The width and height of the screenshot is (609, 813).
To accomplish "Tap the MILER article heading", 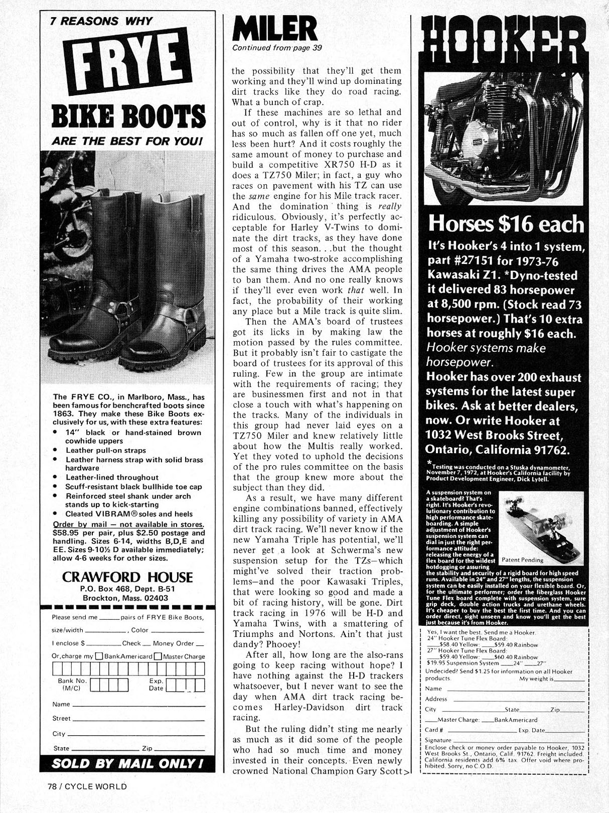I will pos(274,29).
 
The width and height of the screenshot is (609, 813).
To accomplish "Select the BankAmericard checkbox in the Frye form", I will pos(99,656).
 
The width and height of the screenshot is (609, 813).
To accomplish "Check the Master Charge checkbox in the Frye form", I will pos(158,656).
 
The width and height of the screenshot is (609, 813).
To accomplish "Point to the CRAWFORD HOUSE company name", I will pos(127,577).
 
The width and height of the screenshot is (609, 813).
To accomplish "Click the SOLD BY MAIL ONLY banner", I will pos(127,763).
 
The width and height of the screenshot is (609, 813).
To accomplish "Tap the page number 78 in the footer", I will pos(47,786).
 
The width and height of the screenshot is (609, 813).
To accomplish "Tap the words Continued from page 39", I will pos(277,48).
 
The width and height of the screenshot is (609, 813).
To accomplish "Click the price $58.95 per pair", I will pos(68,533).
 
